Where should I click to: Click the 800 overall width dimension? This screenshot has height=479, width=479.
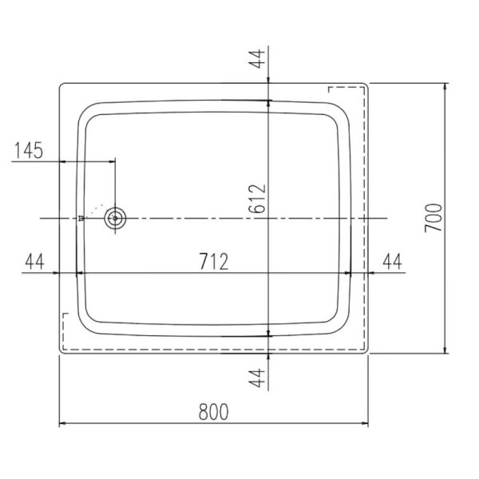click(213, 412)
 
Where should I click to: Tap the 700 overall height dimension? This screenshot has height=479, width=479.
click(433, 218)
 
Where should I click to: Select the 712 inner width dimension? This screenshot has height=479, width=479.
click(214, 262)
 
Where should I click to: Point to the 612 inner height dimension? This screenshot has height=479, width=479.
click(257, 199)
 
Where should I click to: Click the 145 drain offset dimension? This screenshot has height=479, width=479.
click(29, 151)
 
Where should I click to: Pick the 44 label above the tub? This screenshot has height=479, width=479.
click(257, 58)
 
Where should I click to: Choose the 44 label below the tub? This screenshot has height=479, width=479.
click(257, 378)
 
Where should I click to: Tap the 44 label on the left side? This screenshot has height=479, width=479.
click(35, 262)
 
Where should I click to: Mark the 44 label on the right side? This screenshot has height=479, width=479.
click(393, 262)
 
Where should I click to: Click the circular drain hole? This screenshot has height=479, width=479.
click(115, 218)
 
